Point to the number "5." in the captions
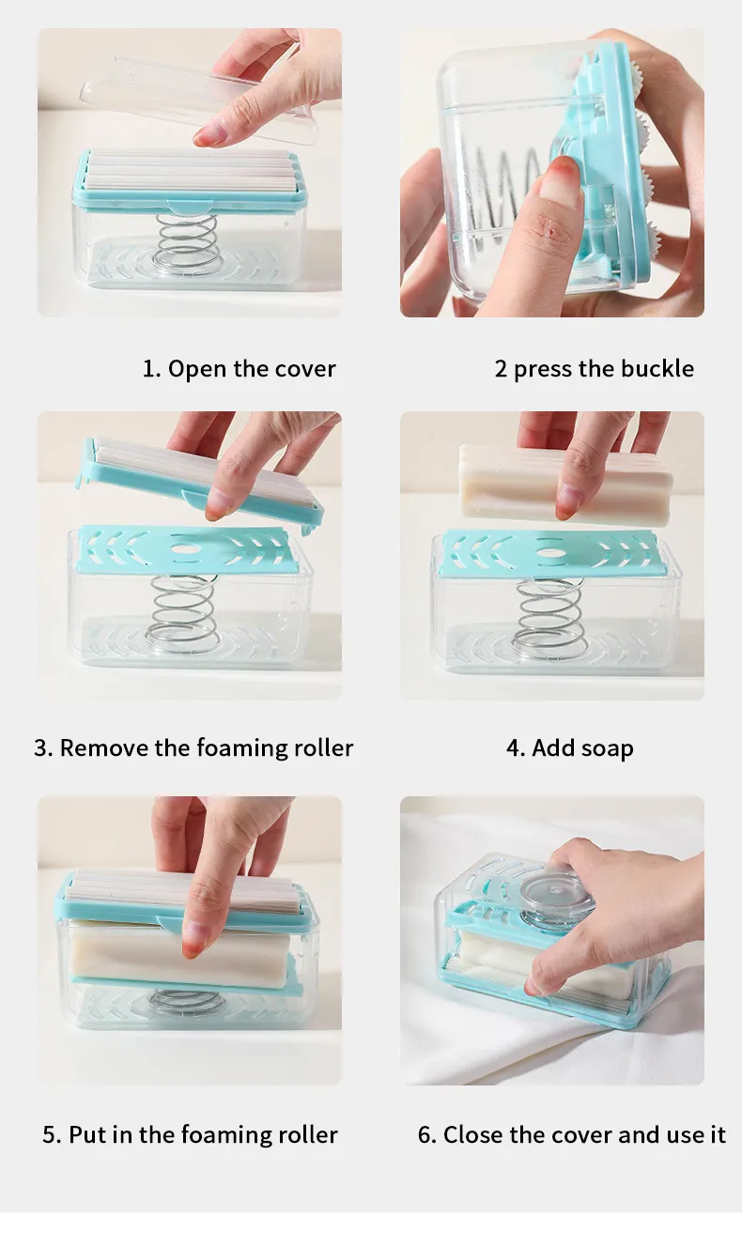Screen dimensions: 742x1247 pyautogui.click(x=52, y=1134)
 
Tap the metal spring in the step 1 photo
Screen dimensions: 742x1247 pyautogui.click(x=188, y=241)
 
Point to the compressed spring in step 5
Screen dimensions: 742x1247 pyautogui.click(x=184, y=1000)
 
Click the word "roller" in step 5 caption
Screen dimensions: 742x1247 pyautogui.click(x=308, y=1134)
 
